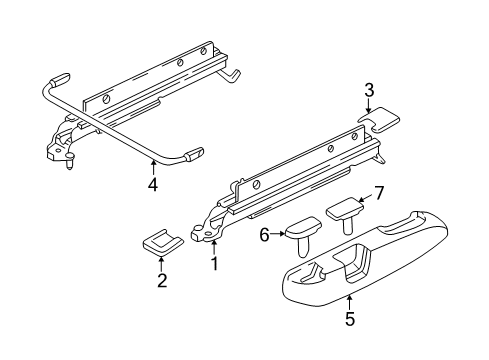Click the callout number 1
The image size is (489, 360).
click(x=215, y=264)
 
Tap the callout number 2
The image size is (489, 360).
click(x=162, y=280)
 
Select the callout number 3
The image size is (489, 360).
click(x=369, y=90)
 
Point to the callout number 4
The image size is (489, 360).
click(x=153, y=184)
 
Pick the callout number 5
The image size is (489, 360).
click(x=350, y=319)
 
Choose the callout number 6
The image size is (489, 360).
click(x=264, y=236)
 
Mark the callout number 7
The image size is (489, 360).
click(x=379, y=193)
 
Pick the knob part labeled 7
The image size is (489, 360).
click(x=345, y=211)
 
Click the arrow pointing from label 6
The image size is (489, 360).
click(x=277, y=234)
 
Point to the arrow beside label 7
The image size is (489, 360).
click(x=365, y=199)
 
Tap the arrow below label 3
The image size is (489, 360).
click(x=369, y=106)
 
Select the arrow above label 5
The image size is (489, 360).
click(x=349, y=302)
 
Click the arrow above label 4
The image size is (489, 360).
click(x=153, y=168)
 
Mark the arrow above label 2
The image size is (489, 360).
click(x=162, y=264)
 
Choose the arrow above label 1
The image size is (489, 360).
click(x=214, y=248)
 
